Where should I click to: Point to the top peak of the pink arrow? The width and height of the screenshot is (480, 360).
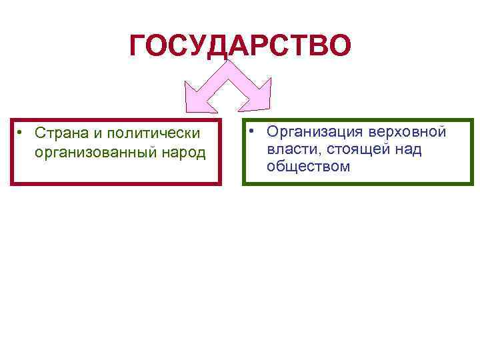(x=227, y=64)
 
